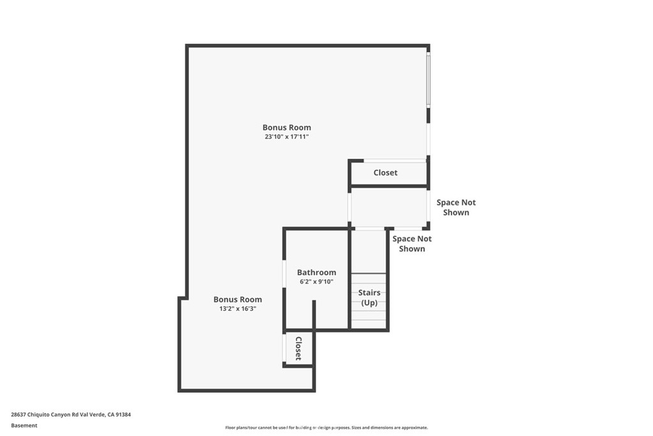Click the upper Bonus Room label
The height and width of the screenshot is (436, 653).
click(x=286, y=127)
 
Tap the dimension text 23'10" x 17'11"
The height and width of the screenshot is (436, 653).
click(x=286, y=137)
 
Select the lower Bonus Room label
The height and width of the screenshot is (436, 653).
click(x=237, y=299)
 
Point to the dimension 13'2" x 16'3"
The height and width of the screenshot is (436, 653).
click(x=237, y=309)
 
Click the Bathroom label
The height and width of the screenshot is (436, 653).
click(x=316, y=273)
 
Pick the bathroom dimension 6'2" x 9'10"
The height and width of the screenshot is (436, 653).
click(x=316, y=282)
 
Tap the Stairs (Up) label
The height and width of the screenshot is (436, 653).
click(x=369, y=297)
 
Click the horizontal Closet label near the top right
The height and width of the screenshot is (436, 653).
click(x=385, y=172)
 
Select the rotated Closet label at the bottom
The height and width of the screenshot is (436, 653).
click(x=298, y=349)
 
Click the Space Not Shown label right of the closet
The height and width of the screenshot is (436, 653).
click(x=456, y=207)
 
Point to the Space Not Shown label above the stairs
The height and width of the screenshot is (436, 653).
click(x=412, y=243)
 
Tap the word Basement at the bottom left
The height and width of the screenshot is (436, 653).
click(x=24, y=425)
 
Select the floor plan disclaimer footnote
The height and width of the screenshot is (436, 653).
click(x=326, y=428)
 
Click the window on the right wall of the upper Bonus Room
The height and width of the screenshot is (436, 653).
click(x=429, y=80)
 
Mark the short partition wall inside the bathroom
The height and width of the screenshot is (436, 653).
click(x=314, y=315)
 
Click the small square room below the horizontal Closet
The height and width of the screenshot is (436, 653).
click(x=388, y=207)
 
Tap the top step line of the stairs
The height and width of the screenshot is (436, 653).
click(x=369, y=274)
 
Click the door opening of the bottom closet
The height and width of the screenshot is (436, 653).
click(x=284, y=348)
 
